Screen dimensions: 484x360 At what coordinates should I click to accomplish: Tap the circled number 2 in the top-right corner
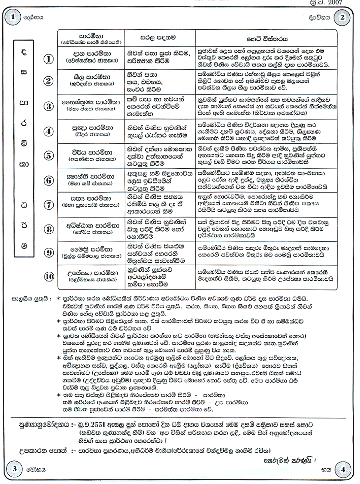343,16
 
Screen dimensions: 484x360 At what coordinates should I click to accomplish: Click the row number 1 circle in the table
49,58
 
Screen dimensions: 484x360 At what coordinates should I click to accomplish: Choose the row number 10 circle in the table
49,276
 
